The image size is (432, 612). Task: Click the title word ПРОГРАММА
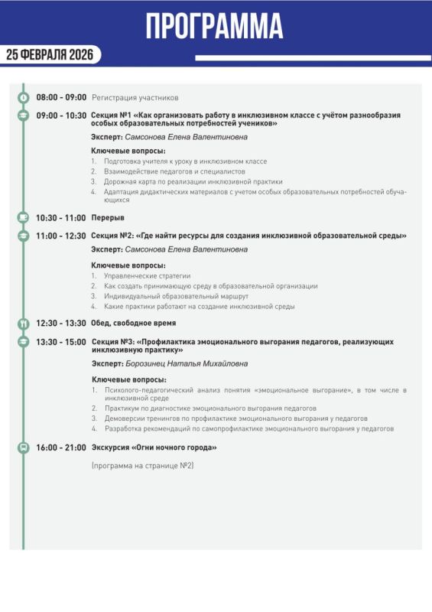(x=215, y=25)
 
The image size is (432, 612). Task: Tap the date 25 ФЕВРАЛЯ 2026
(x=50, y=54)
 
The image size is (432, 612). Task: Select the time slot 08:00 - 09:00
(x=61, y=98)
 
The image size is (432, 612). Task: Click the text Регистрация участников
(x=135, y=98)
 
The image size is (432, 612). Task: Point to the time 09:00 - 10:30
(x=61, y=116)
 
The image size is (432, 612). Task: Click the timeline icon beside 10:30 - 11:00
(x=23, y=218)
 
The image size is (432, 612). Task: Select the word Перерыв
(x=108, y=218)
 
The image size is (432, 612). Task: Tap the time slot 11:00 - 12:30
(x=61, y=236)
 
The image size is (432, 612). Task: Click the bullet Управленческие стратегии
(x=147, y=275)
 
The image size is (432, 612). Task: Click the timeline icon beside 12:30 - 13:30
(x=23, y=324)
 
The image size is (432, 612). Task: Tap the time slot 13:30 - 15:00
(x=61, y=341)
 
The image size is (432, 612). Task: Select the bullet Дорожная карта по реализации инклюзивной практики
(x=193, y=182)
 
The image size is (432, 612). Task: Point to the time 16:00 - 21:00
(x=61, y=448)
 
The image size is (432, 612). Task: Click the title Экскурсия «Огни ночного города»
(x=154, y=448)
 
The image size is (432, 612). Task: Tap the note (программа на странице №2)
(x=142, y=466)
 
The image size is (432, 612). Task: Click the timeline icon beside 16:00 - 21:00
(x=23, y=448)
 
